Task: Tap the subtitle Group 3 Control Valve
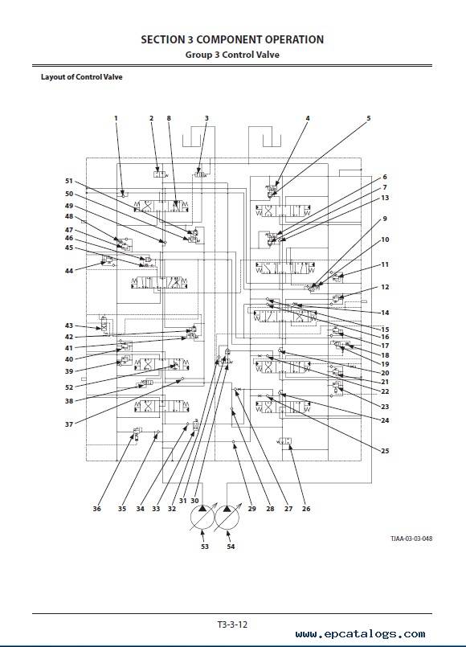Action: [232, 55]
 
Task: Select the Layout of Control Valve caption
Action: [82, 76]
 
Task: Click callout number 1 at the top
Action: [116, 118]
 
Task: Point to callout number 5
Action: [369, 118]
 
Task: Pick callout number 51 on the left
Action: [69, 181]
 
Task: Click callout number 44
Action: [69, 271]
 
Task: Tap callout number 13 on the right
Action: [385, 198]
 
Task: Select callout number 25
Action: [385, 451]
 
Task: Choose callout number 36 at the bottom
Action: [97, 508]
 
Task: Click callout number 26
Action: [306, 508]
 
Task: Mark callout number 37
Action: [69, 424]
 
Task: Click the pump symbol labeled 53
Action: [202, 517]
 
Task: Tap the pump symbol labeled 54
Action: [227, 517]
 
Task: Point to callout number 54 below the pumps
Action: [231, 547]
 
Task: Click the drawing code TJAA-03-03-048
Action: [411, 538]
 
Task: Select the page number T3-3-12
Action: [232, 624]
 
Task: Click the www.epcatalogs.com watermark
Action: [361, 634]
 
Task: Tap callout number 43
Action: [69, 326]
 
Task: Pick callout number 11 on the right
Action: [385, 264]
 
